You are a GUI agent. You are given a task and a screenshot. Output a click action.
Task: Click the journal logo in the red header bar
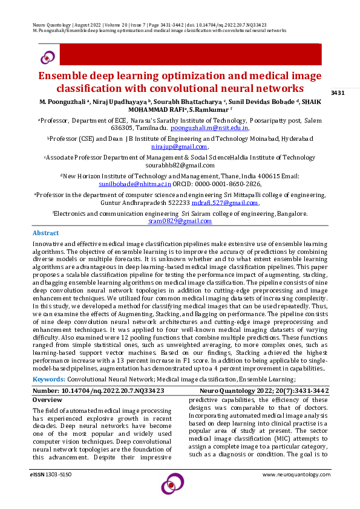(47, 57)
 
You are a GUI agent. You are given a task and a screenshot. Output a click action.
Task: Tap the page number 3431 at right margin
(338, 92)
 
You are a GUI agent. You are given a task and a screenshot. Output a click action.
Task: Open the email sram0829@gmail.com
(180, 221)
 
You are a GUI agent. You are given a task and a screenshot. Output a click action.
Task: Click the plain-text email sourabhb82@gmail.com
(180, 165)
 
